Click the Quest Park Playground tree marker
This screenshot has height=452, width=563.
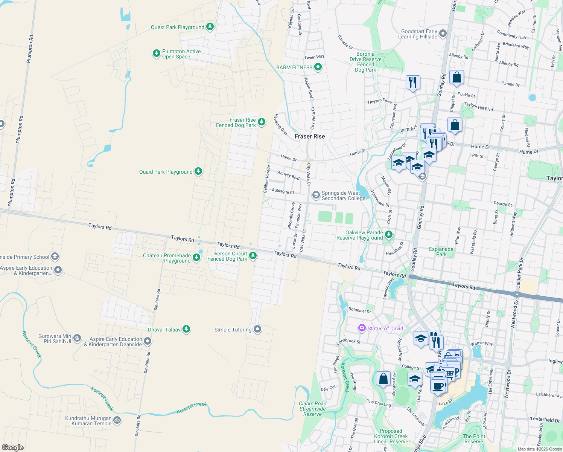[x=210, y=27]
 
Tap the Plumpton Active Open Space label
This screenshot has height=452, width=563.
[x=181, y=54]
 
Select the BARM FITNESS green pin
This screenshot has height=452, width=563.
[x=318, y=67]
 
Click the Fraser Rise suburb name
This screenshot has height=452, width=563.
[x=310, y=136]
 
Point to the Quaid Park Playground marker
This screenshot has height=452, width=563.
[x=198, y=171]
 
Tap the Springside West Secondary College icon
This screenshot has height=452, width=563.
[x=316, y=195]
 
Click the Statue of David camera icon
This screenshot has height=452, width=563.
[x=362, y=328]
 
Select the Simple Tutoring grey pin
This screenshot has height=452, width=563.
[x=257, y=329]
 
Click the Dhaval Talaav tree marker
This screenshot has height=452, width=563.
[x=186, y=329]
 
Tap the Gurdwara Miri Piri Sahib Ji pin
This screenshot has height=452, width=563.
[x=77, y=338]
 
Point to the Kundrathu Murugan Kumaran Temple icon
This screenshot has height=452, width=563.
[x=117, y=420]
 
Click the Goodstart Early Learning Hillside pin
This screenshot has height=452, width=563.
[x=443, y=34]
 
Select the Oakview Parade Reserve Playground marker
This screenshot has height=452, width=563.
[x=388, y=235]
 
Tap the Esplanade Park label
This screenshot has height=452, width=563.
[x=441, y=252]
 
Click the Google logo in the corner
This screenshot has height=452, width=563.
[x=12, y=447]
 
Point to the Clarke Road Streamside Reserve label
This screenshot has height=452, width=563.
[x=312, y=409]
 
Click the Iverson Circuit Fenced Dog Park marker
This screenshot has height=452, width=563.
[x=253, y=256]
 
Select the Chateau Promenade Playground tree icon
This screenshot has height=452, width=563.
[x=196, y=257]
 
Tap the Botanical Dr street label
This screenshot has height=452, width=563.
[x=359, y=310]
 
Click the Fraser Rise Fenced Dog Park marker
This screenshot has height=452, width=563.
[x=261, y=122]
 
